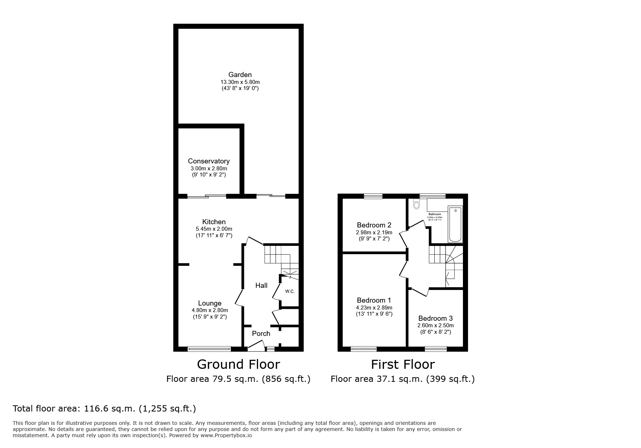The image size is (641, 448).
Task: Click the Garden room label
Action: (x=240, y=75)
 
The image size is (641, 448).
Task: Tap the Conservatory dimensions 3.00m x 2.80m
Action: (x=209, y=168)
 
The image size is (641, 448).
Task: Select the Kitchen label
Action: (x=214, y=222)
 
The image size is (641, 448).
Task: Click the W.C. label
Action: (x=290, y=291)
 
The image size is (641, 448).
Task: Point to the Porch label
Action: (x=261, y=334)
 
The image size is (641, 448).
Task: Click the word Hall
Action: (x=261, y=285)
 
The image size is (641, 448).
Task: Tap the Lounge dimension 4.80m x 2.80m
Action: (x=210, y=310)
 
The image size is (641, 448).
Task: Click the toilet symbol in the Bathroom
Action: (x=416, y=205)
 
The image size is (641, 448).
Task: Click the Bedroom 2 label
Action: (x=374, y=225)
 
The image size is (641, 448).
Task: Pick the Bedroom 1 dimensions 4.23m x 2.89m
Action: (x=374, y=308)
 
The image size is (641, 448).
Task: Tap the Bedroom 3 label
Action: (x=435, y=318)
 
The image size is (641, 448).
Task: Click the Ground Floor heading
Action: (x=238, y=364)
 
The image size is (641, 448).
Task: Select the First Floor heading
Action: (x=403, y=364)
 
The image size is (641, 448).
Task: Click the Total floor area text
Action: (x=104, y=409)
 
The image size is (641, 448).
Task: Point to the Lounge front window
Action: (x=209, y=349)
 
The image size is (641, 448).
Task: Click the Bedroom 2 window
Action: (x=373, y=196)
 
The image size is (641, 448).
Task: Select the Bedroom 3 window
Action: (x=436, y=349)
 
